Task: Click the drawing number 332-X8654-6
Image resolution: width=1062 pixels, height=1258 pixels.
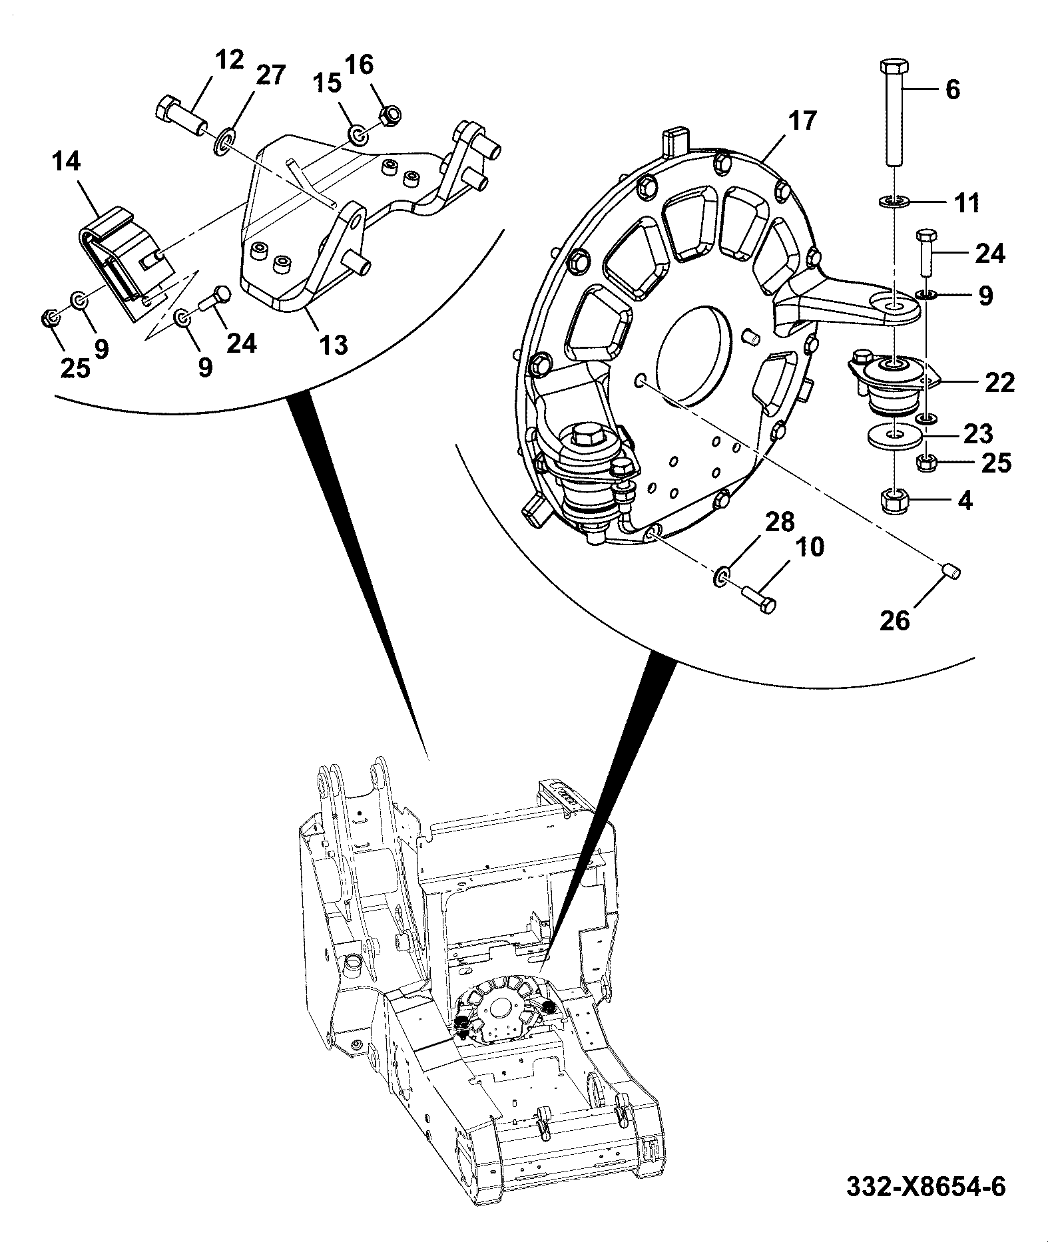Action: click(926, 1187)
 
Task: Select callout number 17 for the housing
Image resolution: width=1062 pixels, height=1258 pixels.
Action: click(803, 121)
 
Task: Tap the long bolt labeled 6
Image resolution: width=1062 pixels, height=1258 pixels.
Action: click(895, 112)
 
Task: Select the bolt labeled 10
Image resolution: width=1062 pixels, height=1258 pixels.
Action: click(758, 598)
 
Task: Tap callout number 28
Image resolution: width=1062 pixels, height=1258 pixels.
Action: click(780, 522)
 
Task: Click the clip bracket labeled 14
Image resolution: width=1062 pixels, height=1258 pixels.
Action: click(127, 267)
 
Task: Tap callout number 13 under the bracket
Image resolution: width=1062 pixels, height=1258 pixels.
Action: click(333, 345)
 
